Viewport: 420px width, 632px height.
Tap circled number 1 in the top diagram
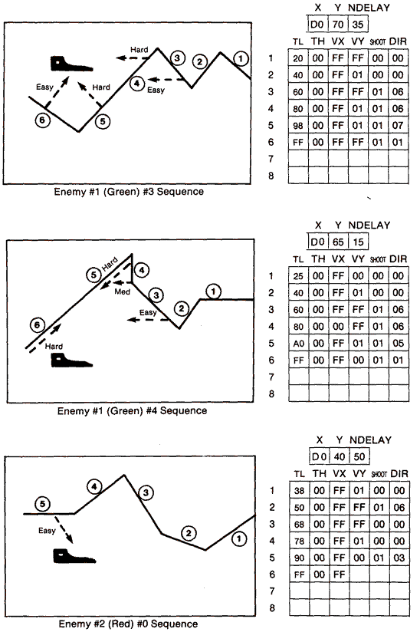click(x=241, y=58)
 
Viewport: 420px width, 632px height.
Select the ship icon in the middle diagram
click(x=67, y=360)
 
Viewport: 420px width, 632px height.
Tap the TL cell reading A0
click(x=299, y=343)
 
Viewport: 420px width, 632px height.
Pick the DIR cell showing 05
click(x=399, y=343)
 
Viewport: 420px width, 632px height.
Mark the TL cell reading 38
click(x=299, y=490)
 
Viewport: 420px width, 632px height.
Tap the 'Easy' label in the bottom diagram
click(x=48, y=530)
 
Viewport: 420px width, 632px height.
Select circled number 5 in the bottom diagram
click(x=43, y=503)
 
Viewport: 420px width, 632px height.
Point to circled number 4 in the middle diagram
click(x=143, y=269)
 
